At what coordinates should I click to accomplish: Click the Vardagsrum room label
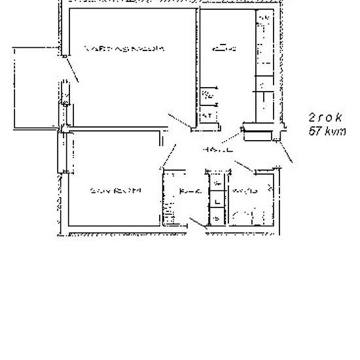(124, 48)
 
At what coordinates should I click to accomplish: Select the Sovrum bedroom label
(115, 190)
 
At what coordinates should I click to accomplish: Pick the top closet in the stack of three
(215, 183)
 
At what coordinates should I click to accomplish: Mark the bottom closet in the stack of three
(215, 218)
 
